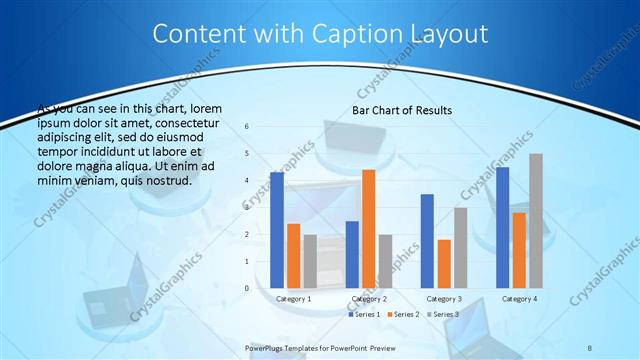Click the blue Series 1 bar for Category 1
click(277, 230)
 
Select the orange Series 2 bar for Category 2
click(368, 229)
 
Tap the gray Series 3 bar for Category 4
click(536, 221)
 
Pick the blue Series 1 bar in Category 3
click(427, 241)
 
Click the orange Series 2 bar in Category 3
click(444, 264)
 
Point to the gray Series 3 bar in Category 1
click(309, 261)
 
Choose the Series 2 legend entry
click(403, 314)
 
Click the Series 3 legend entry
click(443, 314)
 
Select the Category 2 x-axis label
click(369, 298)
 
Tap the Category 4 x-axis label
click(519, 298)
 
